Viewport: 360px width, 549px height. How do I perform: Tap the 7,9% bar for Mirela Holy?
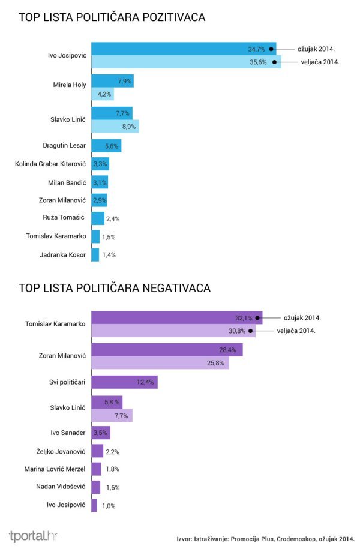(112, 81)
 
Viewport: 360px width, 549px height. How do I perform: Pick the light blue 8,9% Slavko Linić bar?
(114, 126)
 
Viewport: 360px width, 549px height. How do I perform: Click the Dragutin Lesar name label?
(65, 146)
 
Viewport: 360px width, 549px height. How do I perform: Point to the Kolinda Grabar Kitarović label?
(51, 164)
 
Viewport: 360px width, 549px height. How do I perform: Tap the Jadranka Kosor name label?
(63, 254)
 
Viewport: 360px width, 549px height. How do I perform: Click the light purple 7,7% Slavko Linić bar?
(111, 415)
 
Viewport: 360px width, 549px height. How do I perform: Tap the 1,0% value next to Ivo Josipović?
(109, 506)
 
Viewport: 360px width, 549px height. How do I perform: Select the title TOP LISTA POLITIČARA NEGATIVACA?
(115, 288)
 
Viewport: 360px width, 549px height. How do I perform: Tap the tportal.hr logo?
(33, 536)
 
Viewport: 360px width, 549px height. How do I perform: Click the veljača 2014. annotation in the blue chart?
(320, 61)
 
